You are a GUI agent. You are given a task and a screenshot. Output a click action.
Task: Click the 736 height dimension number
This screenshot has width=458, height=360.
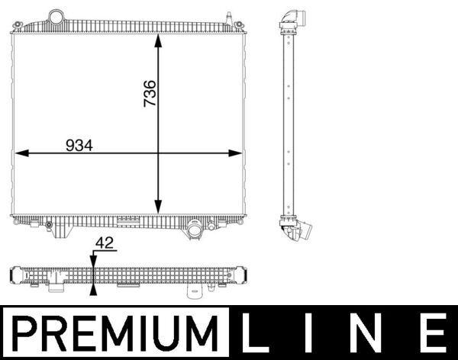tap(150, 93)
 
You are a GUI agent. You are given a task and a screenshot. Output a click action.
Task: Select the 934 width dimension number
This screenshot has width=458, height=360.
tap(79, 145)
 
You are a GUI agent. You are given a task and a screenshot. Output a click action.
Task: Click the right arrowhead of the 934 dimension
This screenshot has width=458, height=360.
tap(236, 153)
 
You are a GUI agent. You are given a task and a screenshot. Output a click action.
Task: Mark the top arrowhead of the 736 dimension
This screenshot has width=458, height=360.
tap(159, 40)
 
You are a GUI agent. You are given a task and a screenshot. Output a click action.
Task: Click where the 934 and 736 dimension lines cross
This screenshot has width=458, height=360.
tap(159, 153)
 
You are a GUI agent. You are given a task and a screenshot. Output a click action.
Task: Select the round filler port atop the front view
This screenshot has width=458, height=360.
tap(56, 16)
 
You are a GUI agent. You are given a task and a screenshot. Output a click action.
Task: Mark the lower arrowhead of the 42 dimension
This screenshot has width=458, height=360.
tap(93, 288)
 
